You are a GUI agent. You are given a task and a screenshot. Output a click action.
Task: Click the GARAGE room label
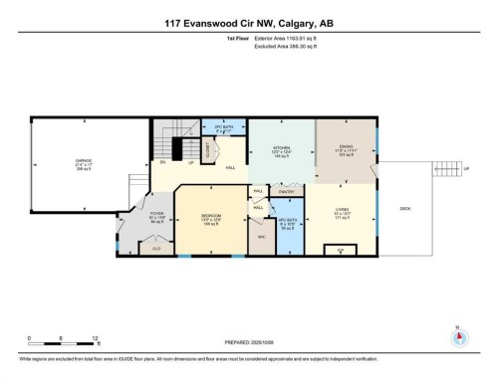pos(70,161)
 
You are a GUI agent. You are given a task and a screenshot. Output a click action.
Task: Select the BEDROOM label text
pos(210,216)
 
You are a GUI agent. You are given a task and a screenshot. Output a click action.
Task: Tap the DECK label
pos(405,209)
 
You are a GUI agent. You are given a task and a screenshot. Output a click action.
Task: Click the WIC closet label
pos(260,237)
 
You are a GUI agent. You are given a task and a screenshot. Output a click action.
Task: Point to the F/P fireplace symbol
pos(341,249)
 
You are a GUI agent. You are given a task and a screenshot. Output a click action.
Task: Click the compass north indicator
pos(458,333)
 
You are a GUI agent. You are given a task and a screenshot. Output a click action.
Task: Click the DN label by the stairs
pos(161,163)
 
